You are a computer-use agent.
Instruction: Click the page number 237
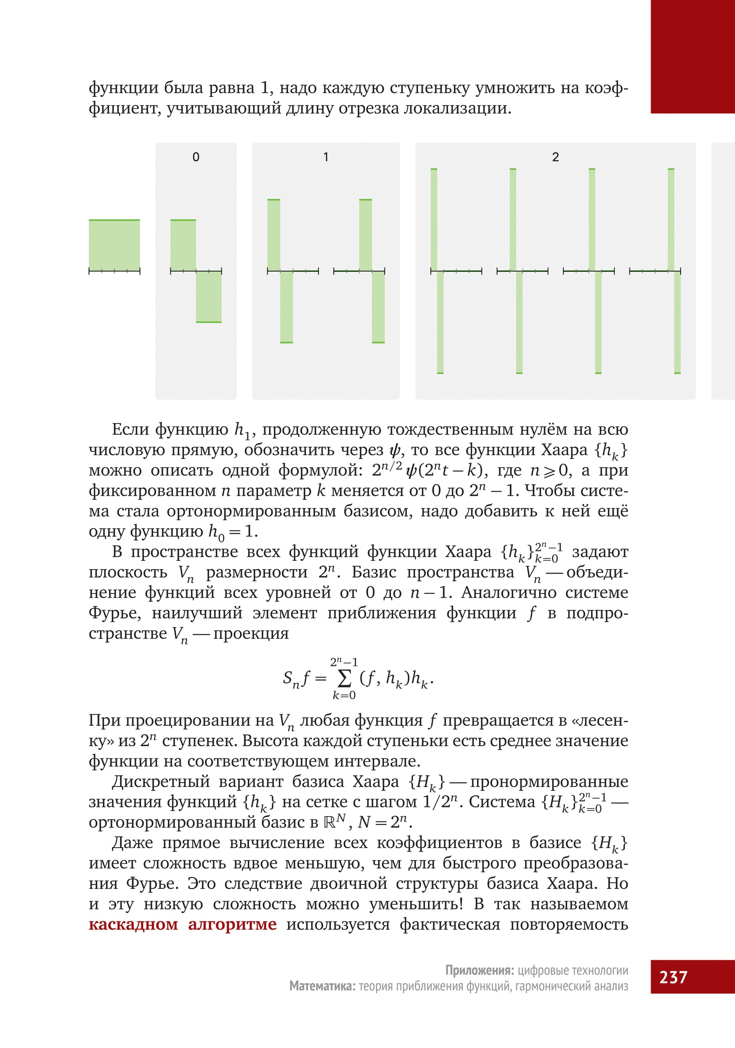(x=673, y=977)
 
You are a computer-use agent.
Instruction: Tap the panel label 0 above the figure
(x=196, y=157)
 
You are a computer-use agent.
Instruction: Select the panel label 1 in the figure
(x=326, y=157)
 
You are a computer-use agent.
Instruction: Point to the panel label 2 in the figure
(x=555, y=157)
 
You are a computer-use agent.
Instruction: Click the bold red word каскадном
(x=133, y=924)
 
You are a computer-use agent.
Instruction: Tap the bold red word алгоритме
(x=232, y=924)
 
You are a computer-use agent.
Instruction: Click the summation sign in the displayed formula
(x=344, y=679)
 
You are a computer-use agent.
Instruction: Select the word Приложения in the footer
(x=479, y=970)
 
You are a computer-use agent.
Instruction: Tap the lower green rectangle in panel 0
(x=208, y=296)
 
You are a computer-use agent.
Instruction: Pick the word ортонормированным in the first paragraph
(x=251, y=511)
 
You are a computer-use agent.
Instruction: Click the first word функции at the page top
(x=124, y=88)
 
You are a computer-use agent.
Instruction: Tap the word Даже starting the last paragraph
(x=132, y=843)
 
